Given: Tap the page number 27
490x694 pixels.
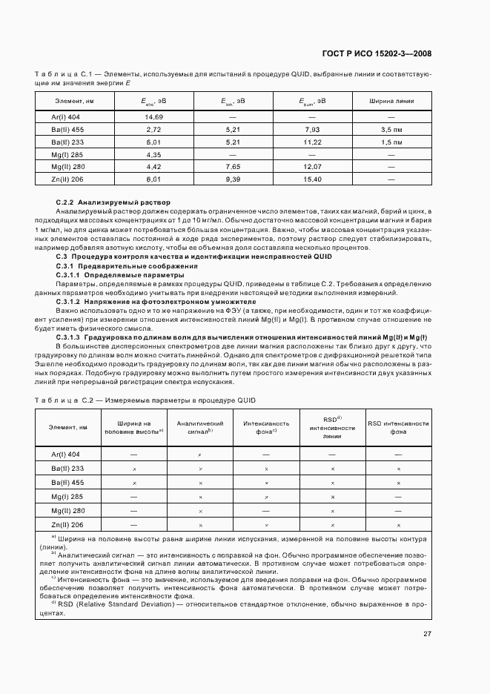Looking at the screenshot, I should pos(427,633).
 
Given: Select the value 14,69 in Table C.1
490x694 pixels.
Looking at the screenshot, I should pos(154,117).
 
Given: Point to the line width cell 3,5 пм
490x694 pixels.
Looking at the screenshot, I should pos(391,129).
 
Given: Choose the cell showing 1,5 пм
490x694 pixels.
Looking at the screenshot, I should pos(391,142).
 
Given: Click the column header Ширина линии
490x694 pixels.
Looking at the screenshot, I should pos(391,101).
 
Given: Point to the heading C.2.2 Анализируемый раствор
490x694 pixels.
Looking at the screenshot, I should pos(113,202).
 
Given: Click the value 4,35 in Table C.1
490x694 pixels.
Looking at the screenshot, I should pos(154,154).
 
